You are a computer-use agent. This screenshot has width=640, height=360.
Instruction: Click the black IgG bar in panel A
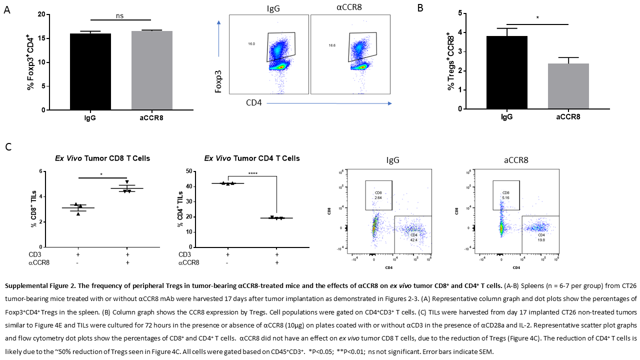pos(90,71)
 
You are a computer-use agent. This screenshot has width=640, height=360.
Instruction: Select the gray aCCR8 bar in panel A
pos(152,70)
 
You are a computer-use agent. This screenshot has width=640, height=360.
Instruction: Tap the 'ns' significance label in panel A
pos(120,16)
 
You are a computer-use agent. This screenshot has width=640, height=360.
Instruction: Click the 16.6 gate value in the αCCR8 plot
pos(332,45)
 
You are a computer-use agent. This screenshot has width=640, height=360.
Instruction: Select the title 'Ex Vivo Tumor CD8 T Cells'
pos(102,158)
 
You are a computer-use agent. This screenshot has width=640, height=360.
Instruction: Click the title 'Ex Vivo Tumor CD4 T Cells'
pos(252,158)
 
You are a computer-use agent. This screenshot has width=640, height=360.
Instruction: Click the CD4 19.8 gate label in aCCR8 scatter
pos(541,237)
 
